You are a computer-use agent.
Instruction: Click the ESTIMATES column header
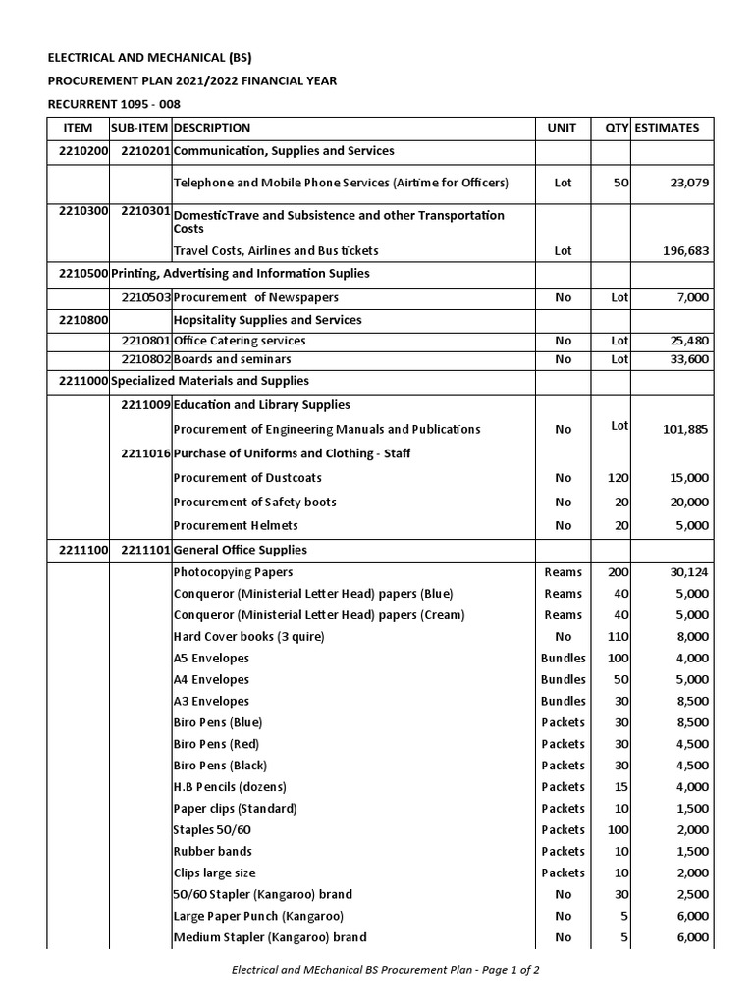[x=668, y=128]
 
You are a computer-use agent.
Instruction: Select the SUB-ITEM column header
[x=139, y=128]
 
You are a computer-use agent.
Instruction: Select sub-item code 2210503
[x=145, y=297]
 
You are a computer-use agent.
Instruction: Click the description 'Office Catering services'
[x=240, y=341]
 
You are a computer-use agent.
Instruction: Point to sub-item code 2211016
[x=145, y=453]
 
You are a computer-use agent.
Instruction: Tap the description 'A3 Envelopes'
[x=211, y=701]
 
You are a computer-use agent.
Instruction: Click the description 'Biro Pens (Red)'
[x=217, y=744]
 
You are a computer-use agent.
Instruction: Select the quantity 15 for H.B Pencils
[x=620, y=787]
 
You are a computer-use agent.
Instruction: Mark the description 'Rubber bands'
[x=213, y=851]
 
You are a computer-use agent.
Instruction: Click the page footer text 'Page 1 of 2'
[x=505, y=969]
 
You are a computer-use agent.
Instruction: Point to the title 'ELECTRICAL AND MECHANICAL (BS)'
[x=157, y=58]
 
